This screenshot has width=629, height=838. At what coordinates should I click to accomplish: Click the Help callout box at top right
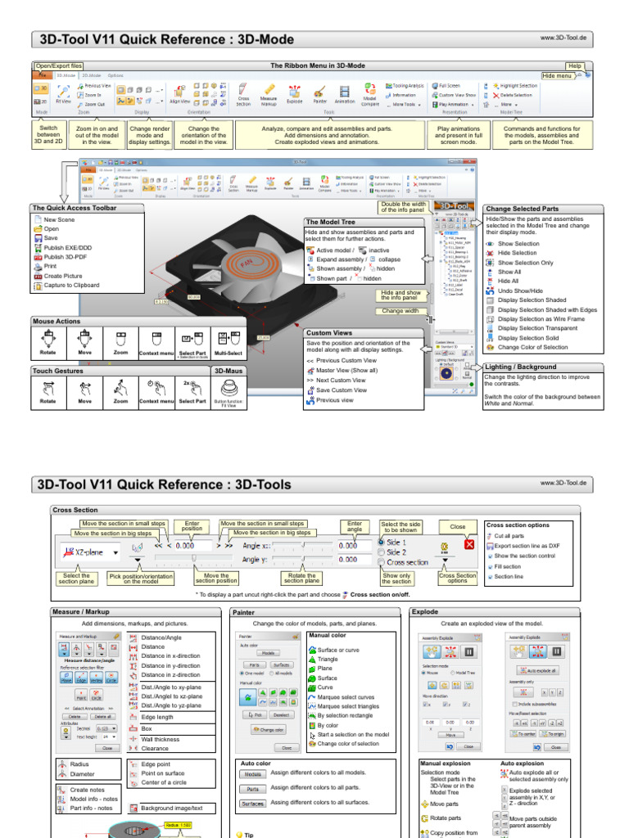(575, 65)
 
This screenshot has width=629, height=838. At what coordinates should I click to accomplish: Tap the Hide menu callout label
(557, 75)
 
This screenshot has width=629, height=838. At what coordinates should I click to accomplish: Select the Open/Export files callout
(58, 65)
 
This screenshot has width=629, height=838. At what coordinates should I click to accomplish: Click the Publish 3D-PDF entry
(67, 256)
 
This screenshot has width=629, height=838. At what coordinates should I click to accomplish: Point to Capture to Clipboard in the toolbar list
(72, 285)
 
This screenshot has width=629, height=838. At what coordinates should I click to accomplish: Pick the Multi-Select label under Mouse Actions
(229, 353)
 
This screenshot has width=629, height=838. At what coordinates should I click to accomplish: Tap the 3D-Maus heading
(229, 371)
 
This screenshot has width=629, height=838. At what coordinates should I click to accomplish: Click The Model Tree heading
(331, 222)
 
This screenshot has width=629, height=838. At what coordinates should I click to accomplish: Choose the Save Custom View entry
(341, 390)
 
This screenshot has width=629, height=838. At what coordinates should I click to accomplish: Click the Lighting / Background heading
(520, 367)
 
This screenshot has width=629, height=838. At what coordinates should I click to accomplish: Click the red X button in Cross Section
(469, 544)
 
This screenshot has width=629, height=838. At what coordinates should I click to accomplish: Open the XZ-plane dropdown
(116, 552)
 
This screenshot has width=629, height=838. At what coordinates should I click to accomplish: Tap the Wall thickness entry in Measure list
(160, 739)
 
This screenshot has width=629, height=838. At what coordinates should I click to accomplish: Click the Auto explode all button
(536, 670)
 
